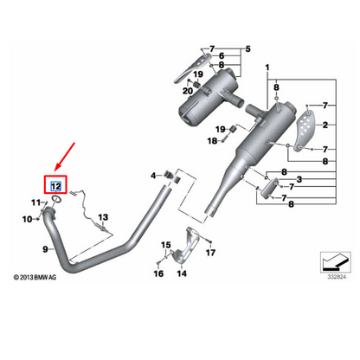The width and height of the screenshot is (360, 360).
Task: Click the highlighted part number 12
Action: pyautogui.click(x=55, y=186)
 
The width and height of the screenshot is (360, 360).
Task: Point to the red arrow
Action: pyautogui.click(x=65, y=156)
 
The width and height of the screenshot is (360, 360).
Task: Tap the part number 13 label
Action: pyautogui.click(x=103, y=217)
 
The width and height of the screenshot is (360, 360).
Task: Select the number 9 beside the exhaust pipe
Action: pyautogui.click(x=46, y=249)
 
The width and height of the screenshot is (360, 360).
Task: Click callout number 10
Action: pyautogui.click(x=27, y=219)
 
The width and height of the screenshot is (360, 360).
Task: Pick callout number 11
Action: pyautogui.click(x=35, y=202)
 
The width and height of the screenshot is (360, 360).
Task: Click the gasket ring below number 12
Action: pyautogui.click(x=56, y=198)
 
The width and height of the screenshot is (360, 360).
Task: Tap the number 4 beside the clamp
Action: pyautogui.click(x=153, y=175)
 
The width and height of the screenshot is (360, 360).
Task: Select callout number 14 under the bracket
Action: pyautogui.click(x=182, y=273)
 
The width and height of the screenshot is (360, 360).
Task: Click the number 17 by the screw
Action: pyautogui.click(x=210, y=253)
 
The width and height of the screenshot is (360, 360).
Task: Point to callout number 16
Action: pyautogui.click(x=158, y=273)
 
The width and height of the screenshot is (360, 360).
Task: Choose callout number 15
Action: pyautogui.click(x=166, y=245)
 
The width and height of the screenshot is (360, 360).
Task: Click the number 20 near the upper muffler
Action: pyautogui.click(x=188, y=91)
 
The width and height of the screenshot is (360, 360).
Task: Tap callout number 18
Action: pyautogui.click(x=212, y=141)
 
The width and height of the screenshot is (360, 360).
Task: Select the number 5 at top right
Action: pyautogui.click(x=248, y=49)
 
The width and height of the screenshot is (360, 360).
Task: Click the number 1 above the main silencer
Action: pyautogui.click(x=267, y=67)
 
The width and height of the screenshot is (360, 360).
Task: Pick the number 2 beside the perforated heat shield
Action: pyautogui.click(x=325, y=125)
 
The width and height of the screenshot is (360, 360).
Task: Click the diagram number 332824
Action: pyautogui.click(x=337, y=277)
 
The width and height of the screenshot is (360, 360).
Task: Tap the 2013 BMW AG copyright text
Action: pyautogui.click(x=35, y=278)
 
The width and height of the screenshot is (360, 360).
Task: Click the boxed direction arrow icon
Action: pyautogui.click(x=336, y=262)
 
